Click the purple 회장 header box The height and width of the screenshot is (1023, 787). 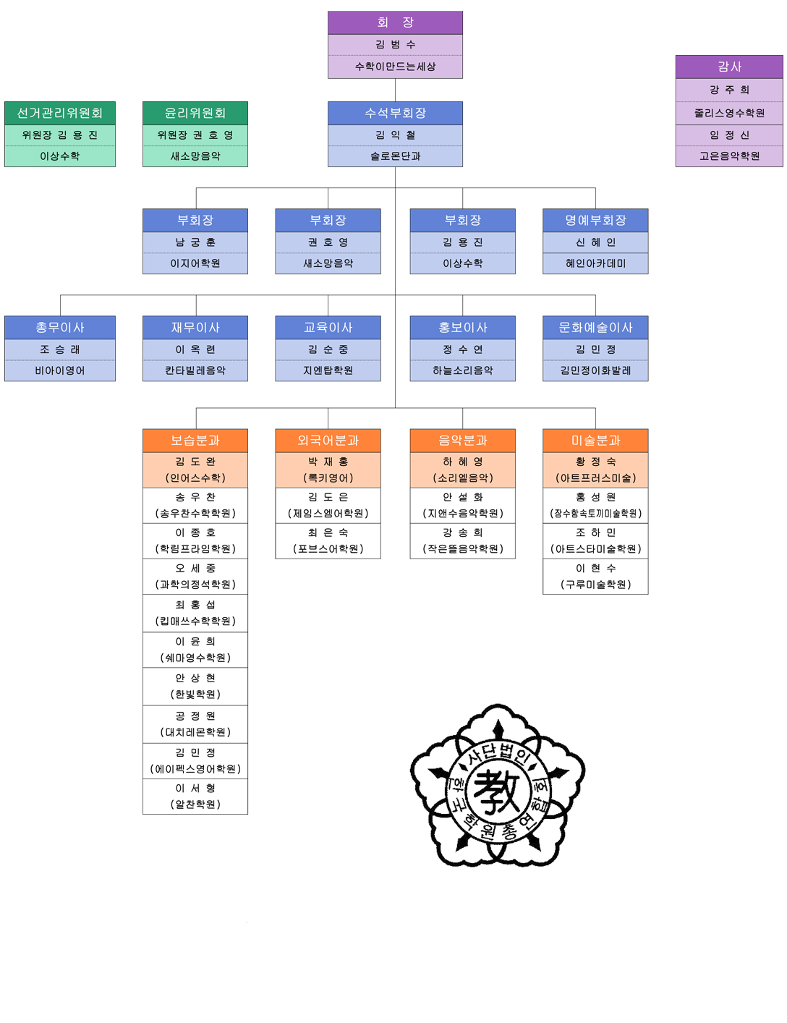click(395, 22)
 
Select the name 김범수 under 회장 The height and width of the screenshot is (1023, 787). click(395, 45)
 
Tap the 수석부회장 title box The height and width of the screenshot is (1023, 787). click(395, 113)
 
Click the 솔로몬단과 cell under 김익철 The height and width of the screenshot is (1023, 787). click(395, 156)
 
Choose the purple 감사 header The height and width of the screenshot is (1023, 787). click(729, 67)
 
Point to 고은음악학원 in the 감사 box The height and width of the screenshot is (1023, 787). click(729, 156)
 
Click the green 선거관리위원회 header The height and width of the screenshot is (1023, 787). click(60, 113)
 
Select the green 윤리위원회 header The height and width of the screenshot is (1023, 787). click(195, 113)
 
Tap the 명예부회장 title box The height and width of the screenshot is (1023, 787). click(595, 220)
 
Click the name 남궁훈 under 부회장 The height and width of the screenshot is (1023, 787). click(195, 242)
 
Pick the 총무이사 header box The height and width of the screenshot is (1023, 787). click(60, 327)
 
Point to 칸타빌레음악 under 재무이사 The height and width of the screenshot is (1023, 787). click(195, 370)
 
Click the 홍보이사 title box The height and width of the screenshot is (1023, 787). click(463, 327)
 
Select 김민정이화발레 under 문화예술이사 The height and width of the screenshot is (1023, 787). click(595, 370)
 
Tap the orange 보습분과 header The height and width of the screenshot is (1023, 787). click(195, 440)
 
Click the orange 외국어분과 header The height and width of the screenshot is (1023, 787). click(328, 440)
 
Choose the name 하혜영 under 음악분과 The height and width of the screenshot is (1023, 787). click(463, 462)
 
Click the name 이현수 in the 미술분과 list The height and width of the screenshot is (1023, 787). click(595, 569)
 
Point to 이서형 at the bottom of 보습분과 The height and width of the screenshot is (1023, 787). click(195, 789)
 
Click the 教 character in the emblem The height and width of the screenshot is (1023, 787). click(498, 790)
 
